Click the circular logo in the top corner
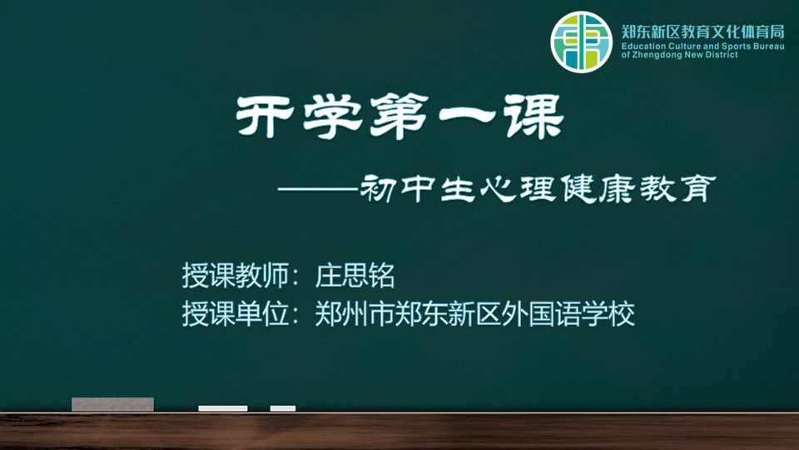coord(581,42)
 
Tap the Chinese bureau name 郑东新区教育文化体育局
coord(702,32)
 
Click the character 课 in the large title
coord(534,117)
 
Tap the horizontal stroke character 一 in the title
coord(467,117)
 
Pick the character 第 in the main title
coord(399,117)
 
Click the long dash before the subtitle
coord(319,189)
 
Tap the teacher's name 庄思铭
coord(355,276)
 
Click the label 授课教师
coord(236,276)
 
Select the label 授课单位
coord(236,314)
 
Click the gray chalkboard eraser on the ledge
coord(112,404)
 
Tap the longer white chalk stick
coord(223,408)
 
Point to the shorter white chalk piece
coord(283,408)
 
